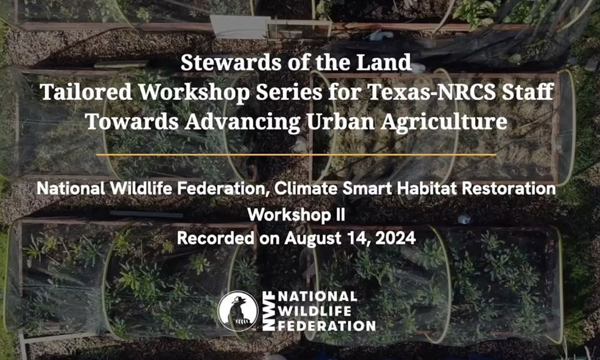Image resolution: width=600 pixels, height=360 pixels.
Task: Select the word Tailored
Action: click(86, 92)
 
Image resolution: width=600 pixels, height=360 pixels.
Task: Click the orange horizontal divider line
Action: click(296, 155)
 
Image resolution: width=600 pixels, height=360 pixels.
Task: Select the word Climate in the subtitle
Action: click(306, 188)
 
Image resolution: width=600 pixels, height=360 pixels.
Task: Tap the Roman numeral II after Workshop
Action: click(340, 215)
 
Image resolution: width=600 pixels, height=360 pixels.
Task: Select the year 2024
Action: click(395, 238)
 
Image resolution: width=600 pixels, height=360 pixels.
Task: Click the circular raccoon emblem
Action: click(238, 311)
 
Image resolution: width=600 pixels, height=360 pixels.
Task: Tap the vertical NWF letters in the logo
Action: click(268, 311)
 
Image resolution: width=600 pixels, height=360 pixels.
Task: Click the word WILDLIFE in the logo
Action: click(314, 311)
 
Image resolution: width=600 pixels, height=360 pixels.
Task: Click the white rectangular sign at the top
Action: click(239, 27)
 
